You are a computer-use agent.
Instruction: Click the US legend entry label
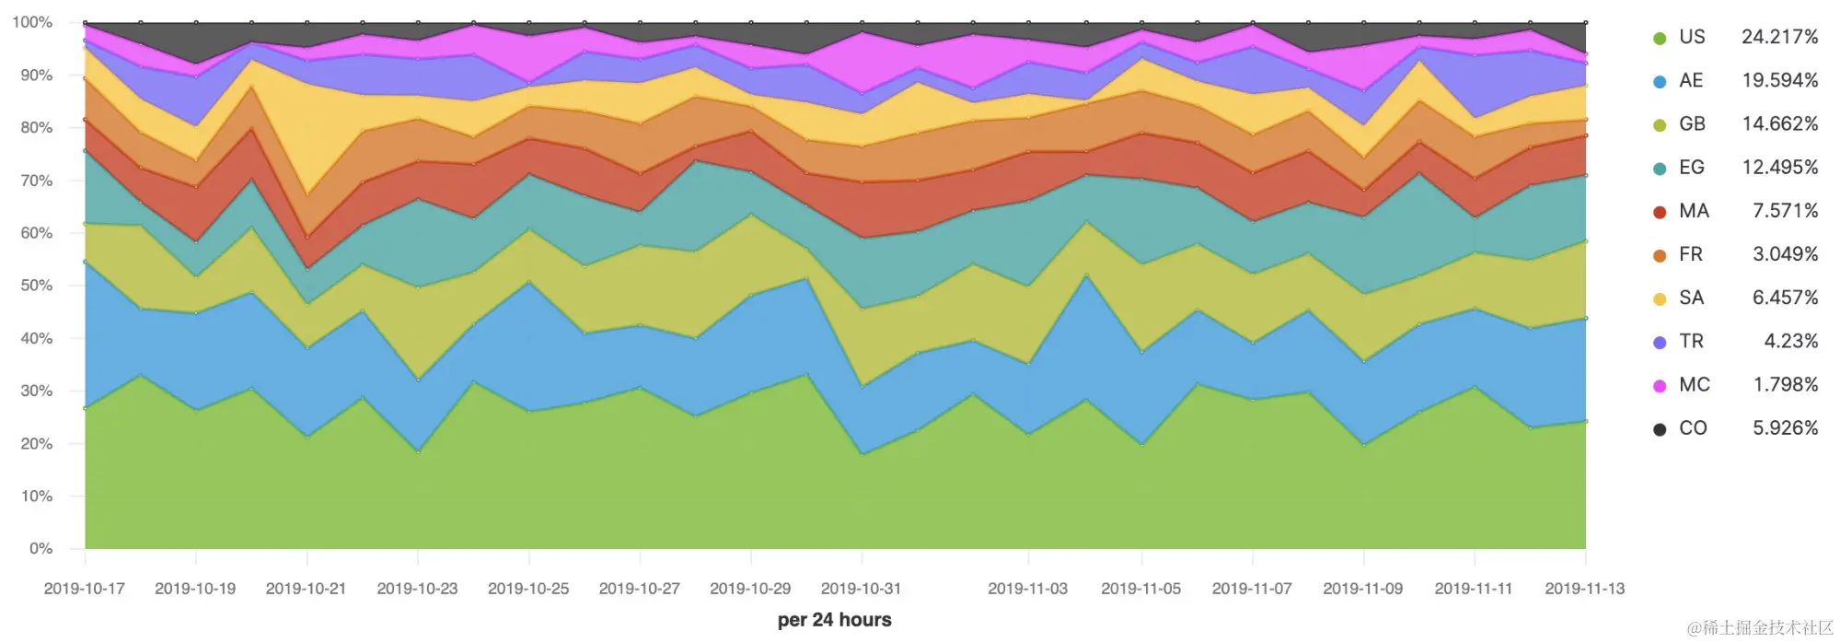(x=1692, y=37)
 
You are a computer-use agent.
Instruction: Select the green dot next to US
(x=1660, y=39)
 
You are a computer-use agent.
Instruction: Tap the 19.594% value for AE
(x=1779, y=80)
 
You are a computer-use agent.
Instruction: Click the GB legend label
(x=1692, y=123)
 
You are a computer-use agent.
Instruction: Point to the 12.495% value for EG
(x=1779, y=168)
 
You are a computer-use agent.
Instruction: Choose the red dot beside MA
(x=1660, y=213)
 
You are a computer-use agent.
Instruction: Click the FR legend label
(x=1691, y=254)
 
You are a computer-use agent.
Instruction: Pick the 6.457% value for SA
(x=1785, y=298)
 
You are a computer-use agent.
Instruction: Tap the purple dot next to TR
(x=1660, y=343)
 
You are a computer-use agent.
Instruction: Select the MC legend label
(x=1694, y=385)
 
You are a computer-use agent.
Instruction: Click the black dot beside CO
(x=1660, y=429)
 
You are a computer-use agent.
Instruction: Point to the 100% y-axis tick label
(x=32, y=22)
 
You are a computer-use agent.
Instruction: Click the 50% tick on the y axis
(x=37, y=286)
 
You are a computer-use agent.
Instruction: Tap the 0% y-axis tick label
(x=41, y=549)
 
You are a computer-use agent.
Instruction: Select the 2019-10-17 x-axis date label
(x=85, y=589)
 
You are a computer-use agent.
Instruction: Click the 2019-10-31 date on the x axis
(x=861, y=589)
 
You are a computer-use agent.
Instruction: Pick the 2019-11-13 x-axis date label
(x=1585, y=589)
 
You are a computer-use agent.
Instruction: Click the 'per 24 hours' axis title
(x=834, y=620)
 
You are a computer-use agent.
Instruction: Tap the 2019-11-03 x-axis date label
(x=1028, y=589)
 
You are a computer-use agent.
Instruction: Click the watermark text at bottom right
(x=1760, y=628)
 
